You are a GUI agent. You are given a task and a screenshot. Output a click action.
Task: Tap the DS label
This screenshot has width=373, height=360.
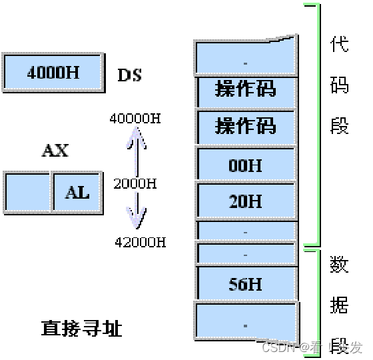point(130,75)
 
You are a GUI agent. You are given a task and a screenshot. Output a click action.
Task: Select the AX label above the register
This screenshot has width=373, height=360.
point(55,151)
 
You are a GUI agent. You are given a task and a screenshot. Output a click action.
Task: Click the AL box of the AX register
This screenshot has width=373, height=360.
point(77,192)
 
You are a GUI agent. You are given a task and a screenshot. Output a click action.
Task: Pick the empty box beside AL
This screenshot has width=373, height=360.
point(28,192)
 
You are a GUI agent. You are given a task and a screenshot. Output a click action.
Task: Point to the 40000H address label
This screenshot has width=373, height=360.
point(135,119)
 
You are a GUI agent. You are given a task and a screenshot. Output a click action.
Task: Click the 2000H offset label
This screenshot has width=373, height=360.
point(135,183)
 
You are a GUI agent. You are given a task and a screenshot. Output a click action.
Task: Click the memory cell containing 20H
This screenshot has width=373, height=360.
point(246,201)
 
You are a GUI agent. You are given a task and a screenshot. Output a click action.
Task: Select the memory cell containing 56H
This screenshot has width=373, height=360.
point(246,284)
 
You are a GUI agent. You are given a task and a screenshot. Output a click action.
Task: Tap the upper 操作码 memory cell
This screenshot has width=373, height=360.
point(246,89)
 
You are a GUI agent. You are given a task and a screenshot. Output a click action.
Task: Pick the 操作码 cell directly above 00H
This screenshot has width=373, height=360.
point(246,126)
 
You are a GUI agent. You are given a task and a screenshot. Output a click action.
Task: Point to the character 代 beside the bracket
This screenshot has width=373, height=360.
point(340,45)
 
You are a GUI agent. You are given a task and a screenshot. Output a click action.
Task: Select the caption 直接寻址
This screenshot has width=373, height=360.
point(81,329)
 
